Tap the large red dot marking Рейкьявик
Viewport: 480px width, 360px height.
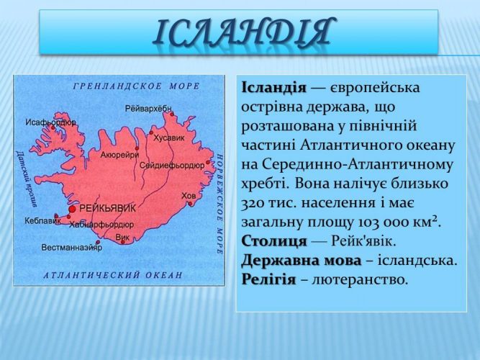click(72, 209)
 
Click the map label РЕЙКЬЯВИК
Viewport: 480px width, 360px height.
click(107, 209)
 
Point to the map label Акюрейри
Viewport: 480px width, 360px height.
click(119, 155)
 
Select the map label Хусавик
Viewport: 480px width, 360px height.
click(168, 138)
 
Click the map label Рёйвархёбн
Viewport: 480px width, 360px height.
click(148, 109)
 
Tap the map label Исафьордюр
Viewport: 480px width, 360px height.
click(50, 122)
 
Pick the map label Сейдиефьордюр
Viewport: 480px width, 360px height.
click(172, 166)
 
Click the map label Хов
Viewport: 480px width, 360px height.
click(189, 195)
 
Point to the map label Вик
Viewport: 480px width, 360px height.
click(122, 237)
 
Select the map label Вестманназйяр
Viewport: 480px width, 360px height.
click(71, 247)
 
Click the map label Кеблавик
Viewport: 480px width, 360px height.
click(42, 220)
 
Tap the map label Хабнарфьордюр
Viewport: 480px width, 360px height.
click(101, 225)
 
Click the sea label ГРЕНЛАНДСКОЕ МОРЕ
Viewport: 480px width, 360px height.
click(136, 86)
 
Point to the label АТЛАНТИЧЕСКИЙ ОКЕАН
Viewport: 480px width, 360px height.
click(113, 275)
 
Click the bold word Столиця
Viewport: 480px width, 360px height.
click(273, 241)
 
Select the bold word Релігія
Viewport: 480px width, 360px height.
click(268, 279)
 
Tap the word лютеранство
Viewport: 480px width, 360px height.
click(360, 279)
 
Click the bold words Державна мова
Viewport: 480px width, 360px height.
click(302, 261)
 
